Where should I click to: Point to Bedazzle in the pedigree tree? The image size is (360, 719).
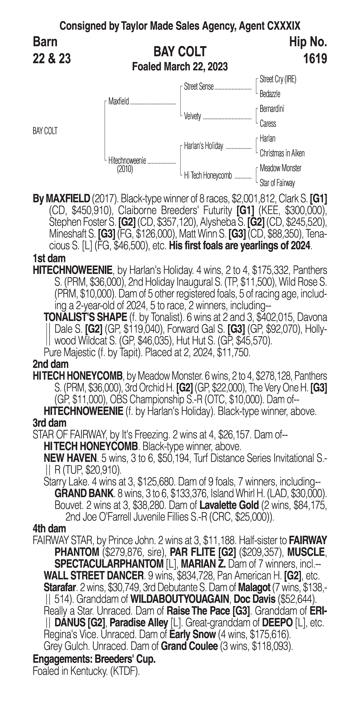point(270,94)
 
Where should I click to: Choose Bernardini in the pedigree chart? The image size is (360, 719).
point(272,109)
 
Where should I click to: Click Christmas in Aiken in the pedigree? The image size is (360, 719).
point(282,153)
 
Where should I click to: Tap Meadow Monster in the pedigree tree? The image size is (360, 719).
point(280,168)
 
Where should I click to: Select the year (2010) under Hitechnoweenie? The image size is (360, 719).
point(125,169)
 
